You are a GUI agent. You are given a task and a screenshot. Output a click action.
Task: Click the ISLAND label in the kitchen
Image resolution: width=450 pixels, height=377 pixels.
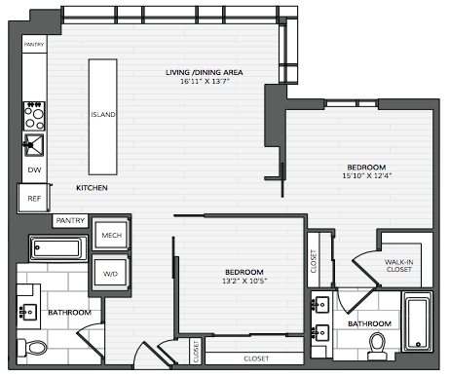tap(103, 115)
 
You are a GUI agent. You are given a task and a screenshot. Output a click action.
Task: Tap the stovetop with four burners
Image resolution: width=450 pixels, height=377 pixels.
tap(34, 116)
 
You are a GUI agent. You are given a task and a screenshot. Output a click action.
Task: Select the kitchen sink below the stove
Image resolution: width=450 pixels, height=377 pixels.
tap(34, 145)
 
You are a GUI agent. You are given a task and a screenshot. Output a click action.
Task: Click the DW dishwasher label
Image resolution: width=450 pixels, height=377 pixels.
tap(34, 170)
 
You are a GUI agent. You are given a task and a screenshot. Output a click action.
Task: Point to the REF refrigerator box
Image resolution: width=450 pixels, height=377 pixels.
tap(34, 198)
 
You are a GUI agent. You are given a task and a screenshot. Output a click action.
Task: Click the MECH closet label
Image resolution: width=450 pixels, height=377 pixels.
tap(112, 235)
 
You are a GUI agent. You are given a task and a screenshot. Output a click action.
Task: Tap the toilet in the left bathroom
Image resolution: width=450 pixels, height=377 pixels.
tap(32, 347)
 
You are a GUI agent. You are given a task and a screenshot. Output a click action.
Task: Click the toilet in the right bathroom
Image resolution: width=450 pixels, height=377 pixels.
tap(377, 346)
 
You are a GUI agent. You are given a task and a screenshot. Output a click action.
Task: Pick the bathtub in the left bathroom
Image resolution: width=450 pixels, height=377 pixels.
tap(58, 248)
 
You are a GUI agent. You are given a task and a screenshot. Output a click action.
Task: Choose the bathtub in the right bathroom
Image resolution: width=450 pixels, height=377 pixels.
tap(418, 321)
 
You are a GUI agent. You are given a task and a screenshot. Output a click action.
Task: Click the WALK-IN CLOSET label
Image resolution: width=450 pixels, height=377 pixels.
tap(399, 266)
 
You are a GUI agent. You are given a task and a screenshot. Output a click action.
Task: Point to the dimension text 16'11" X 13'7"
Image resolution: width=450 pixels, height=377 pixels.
tap(205, 81)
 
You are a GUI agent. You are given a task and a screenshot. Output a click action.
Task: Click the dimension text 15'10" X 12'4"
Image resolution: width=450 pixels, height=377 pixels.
tap(367, 176)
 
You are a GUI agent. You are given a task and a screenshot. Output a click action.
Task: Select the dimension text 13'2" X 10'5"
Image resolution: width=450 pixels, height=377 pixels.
tap(244, 281)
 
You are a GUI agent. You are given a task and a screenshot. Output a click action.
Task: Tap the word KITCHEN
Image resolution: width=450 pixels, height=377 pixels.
tap(92, 188)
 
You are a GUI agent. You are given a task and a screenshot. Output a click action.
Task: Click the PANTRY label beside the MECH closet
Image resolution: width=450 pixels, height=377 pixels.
tap(70, 221)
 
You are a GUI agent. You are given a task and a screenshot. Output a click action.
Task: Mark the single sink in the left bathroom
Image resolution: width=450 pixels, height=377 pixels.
tap(28, 312)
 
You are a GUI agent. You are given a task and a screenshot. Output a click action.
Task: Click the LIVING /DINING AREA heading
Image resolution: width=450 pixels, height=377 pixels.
tap(205, 72)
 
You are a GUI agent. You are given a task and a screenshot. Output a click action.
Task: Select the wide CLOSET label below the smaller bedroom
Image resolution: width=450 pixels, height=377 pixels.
tap(256, 358)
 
